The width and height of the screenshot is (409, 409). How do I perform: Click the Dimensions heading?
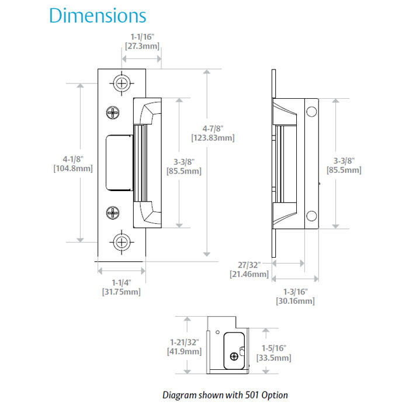click(x=98, y=15)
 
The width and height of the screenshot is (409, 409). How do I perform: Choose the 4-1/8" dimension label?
click(x=74, y=158)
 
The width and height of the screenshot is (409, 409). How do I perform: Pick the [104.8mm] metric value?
click(x=74, y=168)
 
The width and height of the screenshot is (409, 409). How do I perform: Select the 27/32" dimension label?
click(x=249, y=265)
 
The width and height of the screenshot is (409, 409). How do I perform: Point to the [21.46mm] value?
click(x=249, y=274)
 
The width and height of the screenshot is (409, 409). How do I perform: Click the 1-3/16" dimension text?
click(x=295, y=292)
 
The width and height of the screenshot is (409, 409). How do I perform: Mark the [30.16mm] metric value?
click(x=295, y=301)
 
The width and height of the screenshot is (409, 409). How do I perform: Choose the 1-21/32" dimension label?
click(x=185, y=342)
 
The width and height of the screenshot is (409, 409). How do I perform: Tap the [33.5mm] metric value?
click(x=273, y=358)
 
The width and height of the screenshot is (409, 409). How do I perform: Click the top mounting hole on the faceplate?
click(x=122, y=82)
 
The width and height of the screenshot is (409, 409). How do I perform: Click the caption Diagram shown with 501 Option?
click(x=225, y=395)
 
